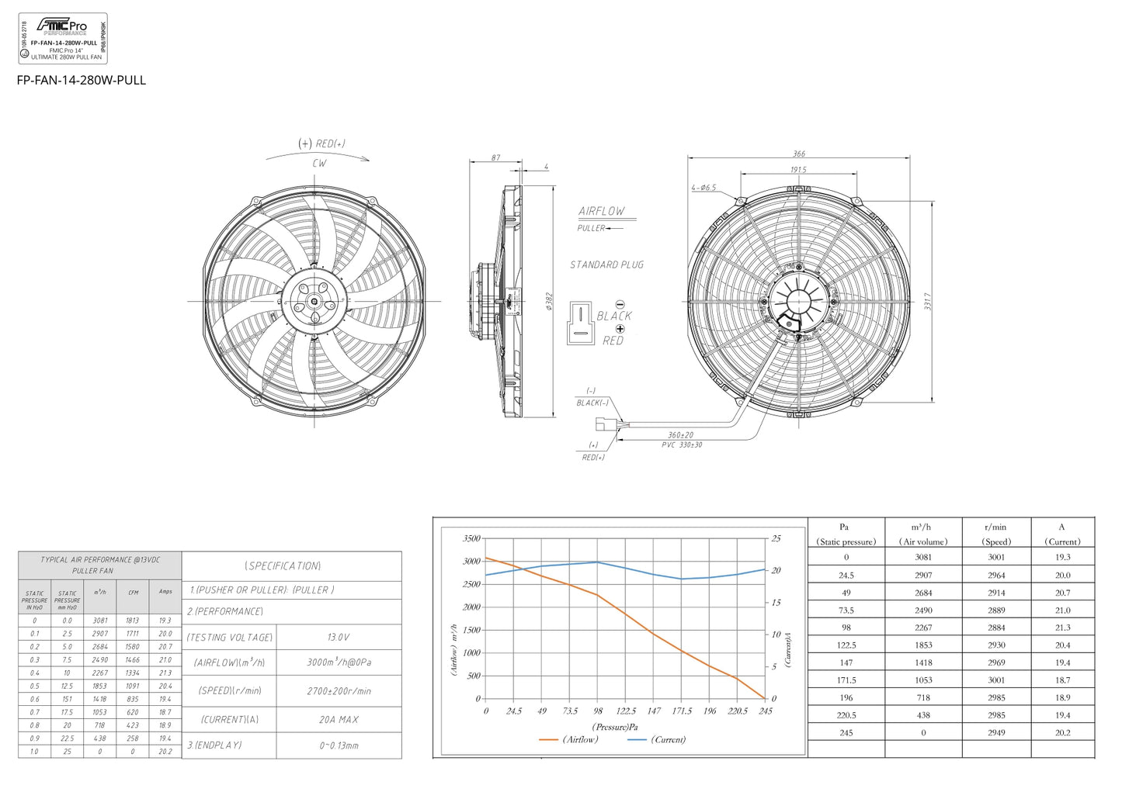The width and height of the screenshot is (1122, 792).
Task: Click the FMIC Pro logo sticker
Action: click(63, 38)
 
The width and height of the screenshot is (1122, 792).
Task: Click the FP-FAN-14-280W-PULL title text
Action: click(82, 80)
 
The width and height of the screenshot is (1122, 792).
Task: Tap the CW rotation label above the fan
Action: click(319, 164)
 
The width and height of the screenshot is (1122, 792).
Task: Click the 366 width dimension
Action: click(798, 154)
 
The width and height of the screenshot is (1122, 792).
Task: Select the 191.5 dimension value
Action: click(798, 169)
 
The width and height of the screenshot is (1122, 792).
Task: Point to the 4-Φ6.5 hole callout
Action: click(703, 188)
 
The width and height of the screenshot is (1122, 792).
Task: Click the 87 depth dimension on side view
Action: click(495, 158)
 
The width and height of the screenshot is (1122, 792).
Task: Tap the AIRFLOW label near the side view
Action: click(601, 211)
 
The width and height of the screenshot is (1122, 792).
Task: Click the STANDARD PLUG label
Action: click(606, 265)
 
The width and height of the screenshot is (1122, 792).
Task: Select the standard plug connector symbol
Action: click(581, 323)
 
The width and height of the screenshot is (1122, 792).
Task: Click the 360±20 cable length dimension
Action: click(680, 435)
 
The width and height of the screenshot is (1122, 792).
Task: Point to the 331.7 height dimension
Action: click(927, 301)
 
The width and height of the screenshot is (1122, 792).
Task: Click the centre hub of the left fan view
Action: click(314, 302)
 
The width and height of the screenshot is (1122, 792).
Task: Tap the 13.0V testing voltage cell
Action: click(338, 637)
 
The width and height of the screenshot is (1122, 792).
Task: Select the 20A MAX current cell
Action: click(339, 719)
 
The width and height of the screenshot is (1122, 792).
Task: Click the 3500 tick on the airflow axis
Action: click(471, 538)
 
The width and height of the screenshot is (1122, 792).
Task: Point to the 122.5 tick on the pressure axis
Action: click(626, 711)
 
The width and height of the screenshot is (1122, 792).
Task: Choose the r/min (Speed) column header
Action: click(996, 534)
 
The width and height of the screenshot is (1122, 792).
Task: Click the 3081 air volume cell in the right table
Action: click(923, 557)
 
